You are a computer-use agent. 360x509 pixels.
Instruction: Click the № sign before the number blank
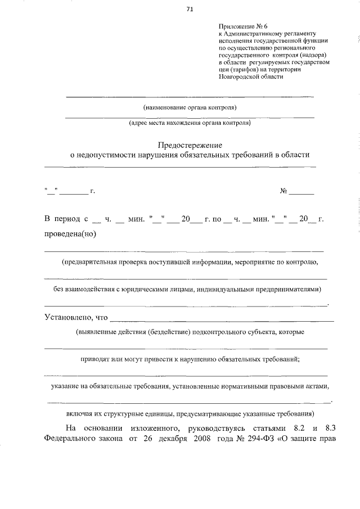click(x=284, y=192)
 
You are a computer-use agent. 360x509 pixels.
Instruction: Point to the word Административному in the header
click(x=258, y=34)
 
